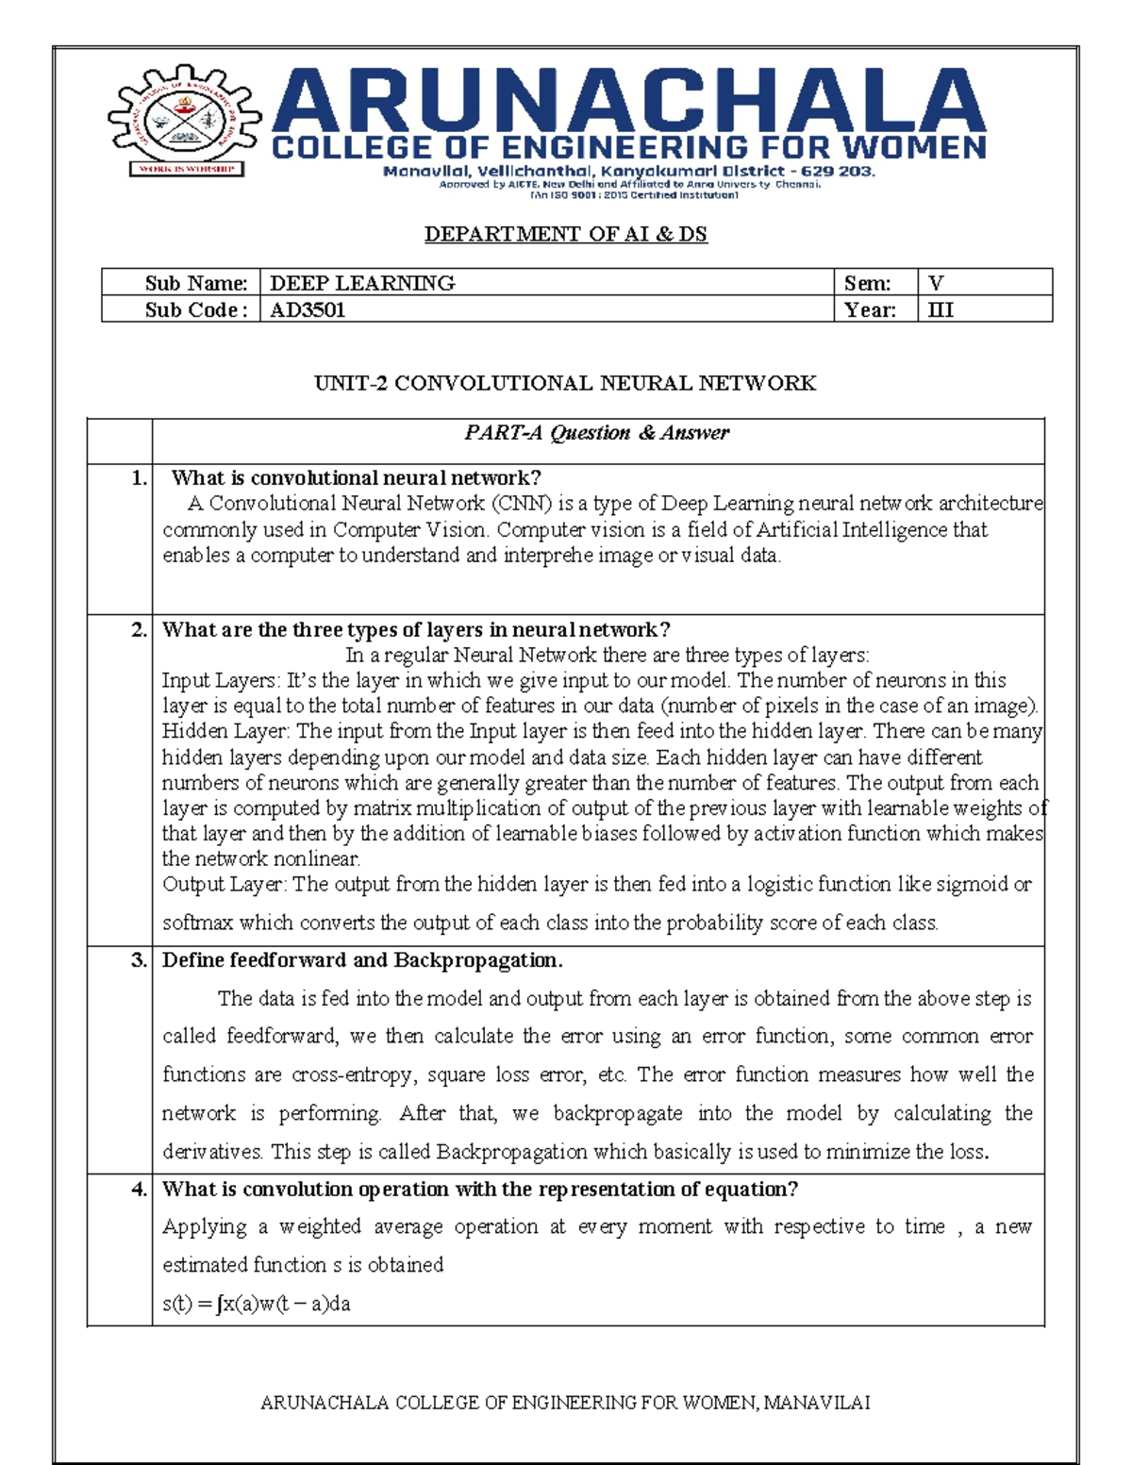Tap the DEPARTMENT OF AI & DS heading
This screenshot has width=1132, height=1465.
click(565, 234)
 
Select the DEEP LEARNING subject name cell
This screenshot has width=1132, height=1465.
click(362, 283)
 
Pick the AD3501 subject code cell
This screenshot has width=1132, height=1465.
click(308, 309)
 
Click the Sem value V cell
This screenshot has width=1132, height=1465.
click(936, 283)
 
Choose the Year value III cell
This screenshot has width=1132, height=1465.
click(941, 309)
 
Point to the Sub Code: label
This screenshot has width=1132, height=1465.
click(196, 309)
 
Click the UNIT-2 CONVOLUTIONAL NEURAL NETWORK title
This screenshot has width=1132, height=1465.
click(565, 383)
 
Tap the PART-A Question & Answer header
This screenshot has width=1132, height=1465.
click(596, 433)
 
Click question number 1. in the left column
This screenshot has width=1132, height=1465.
click(139, 478)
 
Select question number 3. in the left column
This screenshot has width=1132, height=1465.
click(139, 960)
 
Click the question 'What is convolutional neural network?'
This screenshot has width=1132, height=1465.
click(356, 478)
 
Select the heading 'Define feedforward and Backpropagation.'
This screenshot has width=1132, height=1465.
click(362, 960)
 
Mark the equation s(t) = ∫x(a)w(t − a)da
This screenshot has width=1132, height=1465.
click(257, 1304)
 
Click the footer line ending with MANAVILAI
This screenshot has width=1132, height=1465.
click(565, 1403)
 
